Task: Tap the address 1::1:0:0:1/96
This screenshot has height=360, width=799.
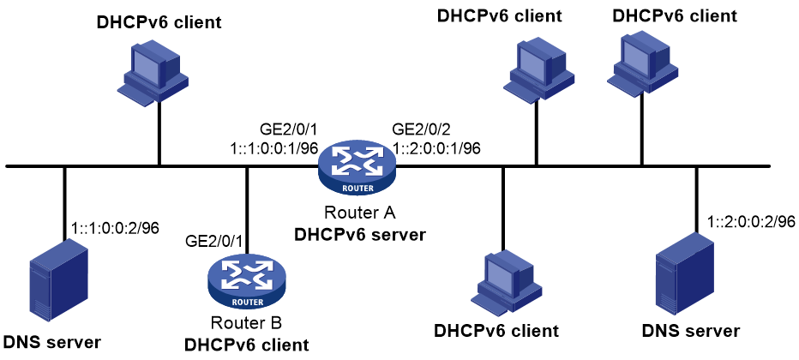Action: coord(274,147)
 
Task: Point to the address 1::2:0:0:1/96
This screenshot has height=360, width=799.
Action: coord(437,147)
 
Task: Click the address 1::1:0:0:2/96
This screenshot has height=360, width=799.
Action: coord(117,228)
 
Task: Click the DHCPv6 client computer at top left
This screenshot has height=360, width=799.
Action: coord(153,72)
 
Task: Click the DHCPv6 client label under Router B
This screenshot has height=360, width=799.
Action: coord(247,345)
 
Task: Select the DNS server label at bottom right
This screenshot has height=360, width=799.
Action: coord(690,331)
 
